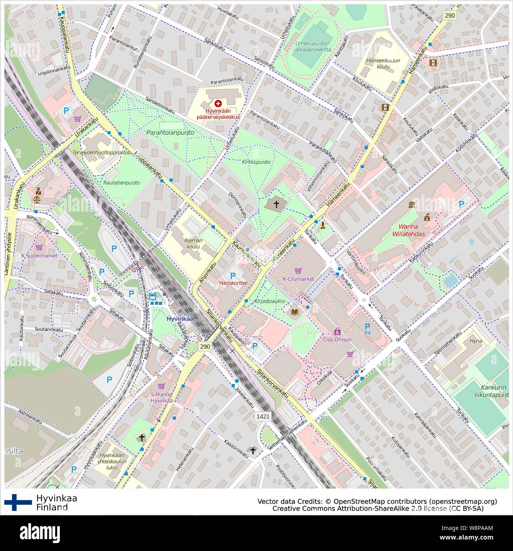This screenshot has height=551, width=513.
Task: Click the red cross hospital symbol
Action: (x=218, y=103)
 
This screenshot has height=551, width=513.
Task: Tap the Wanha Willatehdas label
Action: (x=409, y=231)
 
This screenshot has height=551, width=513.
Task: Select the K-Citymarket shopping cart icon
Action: (x=298, y=271)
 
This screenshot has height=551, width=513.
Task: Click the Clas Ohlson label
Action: (x=337, y=340)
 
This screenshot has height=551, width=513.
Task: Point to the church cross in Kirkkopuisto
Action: (x=277, y=205)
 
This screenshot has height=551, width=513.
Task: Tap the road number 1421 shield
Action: (x=262, y=417)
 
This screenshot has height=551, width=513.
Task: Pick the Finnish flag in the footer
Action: (x=18, y=502)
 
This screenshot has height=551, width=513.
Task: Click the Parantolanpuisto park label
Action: (x=170, y=133)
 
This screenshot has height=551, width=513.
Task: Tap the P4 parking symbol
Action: (x=368, y=329)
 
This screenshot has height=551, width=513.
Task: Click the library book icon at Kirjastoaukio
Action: (x=295, y=312)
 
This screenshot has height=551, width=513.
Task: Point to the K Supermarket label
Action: (x=39, y=256)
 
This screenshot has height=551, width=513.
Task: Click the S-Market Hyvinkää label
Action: (x=161, y=397)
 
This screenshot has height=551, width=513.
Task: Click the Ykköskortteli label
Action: (x=233, y=283)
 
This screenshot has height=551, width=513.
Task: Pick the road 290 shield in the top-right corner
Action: (x=450, y=15)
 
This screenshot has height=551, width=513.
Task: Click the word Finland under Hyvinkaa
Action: (x=52, y=507)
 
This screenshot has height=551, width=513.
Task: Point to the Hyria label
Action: (x=475, y=341)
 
